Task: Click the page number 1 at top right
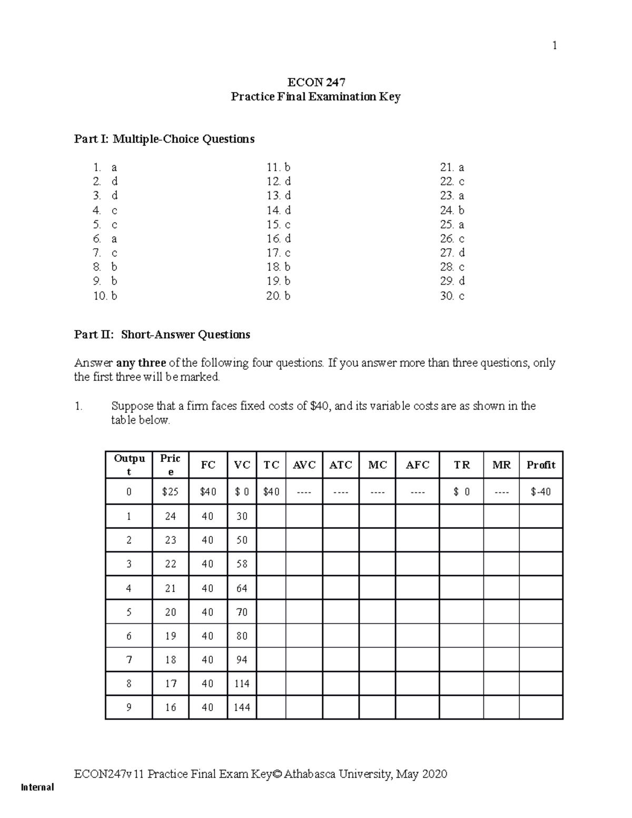pos(554,46)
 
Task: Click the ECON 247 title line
pos(316,82)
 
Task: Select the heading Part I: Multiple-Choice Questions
pos(164,139)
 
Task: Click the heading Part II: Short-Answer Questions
pos(162,335)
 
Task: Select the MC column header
pos(377,465)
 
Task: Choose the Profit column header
pos(541,465)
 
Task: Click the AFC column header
pos(417,465)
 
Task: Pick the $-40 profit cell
pos(541,492)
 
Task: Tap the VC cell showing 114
pos(242,684)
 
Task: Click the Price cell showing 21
pos(170,588)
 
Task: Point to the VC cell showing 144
pos(242,707)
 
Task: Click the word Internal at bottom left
pos(37,787)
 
